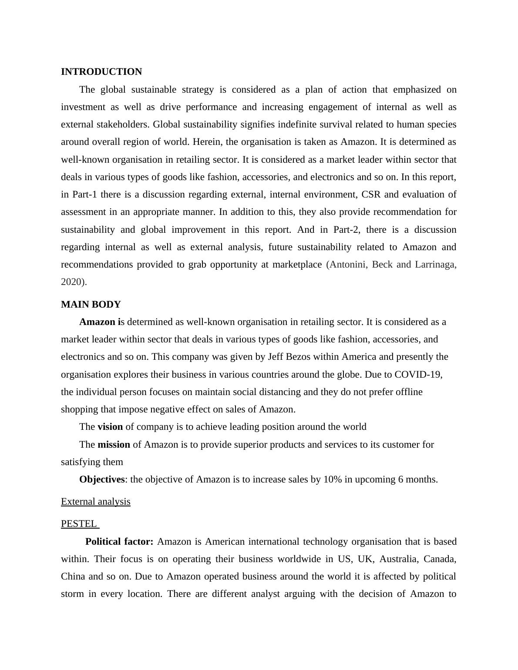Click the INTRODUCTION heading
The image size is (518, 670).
[101, 72]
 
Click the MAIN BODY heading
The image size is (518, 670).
[91, 305]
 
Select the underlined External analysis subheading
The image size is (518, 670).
[95, 502]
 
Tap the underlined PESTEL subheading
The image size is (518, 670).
[79, 524]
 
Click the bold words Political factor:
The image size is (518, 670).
[119, 542]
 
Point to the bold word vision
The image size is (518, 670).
[110, 427]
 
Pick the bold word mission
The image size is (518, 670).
[114, 445]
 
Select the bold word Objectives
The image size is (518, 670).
[102, 479]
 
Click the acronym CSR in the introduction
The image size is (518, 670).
[371, 194]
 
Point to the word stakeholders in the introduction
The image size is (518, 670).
[123, 124]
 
